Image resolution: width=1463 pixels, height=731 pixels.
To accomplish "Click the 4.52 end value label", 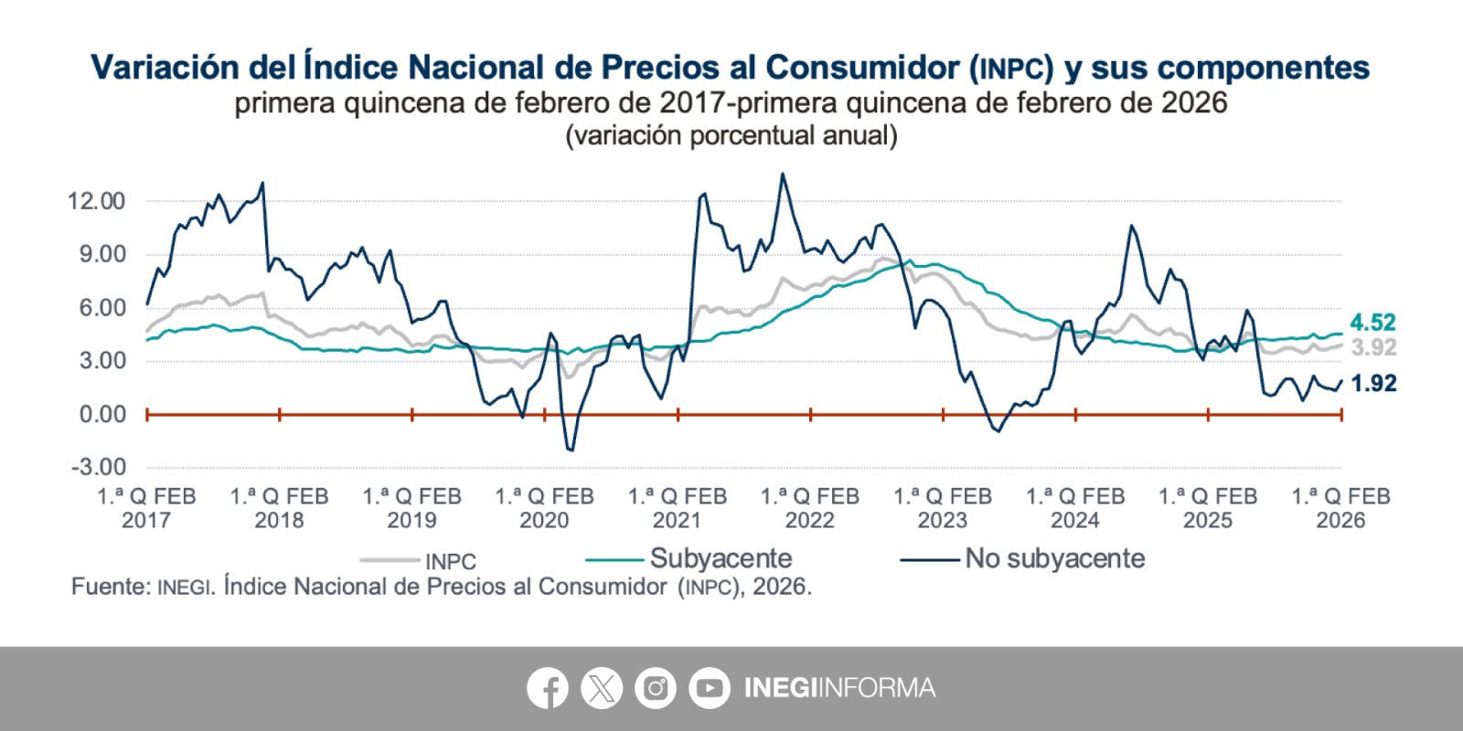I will click(1372, 323).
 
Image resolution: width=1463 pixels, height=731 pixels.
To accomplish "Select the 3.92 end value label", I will click(1373, 347).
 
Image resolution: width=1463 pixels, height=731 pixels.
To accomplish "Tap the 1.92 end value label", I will click(1373, 384).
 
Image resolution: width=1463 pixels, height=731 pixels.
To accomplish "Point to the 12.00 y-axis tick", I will click(96, 201).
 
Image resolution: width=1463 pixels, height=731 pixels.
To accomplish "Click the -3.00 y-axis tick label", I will click(99, 467).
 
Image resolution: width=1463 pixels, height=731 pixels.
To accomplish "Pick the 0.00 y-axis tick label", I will click(102, 414).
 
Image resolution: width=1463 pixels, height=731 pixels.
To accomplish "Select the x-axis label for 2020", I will click(544, 508).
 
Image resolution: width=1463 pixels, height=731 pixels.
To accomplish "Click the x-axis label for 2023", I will click(942, 508).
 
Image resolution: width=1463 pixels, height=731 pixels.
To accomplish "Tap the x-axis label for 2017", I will click(146, 508).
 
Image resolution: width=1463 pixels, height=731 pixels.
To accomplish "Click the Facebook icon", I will click(547, 688).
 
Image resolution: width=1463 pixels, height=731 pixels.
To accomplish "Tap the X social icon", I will click(601, 688).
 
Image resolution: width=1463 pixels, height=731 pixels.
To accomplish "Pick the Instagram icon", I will click(655, 688).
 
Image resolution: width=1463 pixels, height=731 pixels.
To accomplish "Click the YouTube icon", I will click(709, 688).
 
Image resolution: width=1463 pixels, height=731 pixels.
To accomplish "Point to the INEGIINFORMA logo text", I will click(839, 688).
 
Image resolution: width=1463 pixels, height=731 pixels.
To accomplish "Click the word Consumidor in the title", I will click(862, 68).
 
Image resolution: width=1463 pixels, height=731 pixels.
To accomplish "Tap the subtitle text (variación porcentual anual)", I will click(731, 136).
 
